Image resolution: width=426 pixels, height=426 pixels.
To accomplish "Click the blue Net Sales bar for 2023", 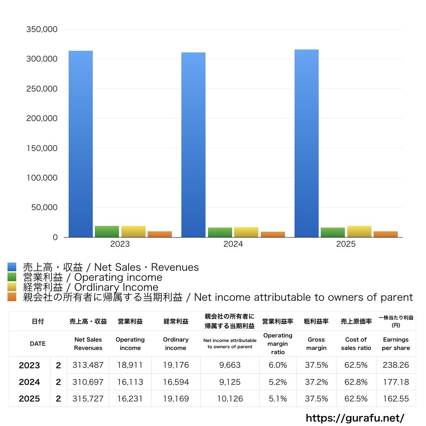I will coord(81,144).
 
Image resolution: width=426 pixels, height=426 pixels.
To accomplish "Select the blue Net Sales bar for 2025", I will coord(307,144).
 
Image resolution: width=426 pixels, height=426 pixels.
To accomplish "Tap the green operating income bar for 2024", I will coord(220,233).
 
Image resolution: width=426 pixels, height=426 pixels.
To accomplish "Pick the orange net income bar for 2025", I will coord(386,234).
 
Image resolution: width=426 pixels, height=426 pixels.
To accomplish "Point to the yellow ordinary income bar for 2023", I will coord(134,232).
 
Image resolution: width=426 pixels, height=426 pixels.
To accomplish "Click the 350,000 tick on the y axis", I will coord(42,30).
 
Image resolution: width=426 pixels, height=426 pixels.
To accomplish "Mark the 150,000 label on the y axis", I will coord(42,148).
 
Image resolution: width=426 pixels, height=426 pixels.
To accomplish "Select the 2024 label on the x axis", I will coord(233,244).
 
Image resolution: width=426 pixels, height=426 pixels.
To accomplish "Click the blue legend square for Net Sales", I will coord(12,267).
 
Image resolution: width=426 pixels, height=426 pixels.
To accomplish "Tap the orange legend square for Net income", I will coord(12,297).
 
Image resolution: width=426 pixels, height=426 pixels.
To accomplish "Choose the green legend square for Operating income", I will coord(12,277).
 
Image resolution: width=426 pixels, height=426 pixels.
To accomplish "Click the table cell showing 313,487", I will coord(88,365).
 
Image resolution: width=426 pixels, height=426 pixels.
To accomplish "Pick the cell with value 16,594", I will coord(176,382).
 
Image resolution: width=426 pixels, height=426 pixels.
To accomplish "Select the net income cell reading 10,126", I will coord(230,399).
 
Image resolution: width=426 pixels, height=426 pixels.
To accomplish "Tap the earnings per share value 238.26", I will coord(396,365).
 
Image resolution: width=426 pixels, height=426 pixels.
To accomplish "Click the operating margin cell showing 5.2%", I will coord(277,382).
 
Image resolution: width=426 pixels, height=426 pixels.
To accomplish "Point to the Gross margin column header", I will coord(316,344).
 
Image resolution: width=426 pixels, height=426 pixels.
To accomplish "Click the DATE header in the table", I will coord(37,344).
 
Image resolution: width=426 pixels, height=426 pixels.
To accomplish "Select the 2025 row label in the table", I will coord(30,399).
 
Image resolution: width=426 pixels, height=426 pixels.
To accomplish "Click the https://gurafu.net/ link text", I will coord(355,418).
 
